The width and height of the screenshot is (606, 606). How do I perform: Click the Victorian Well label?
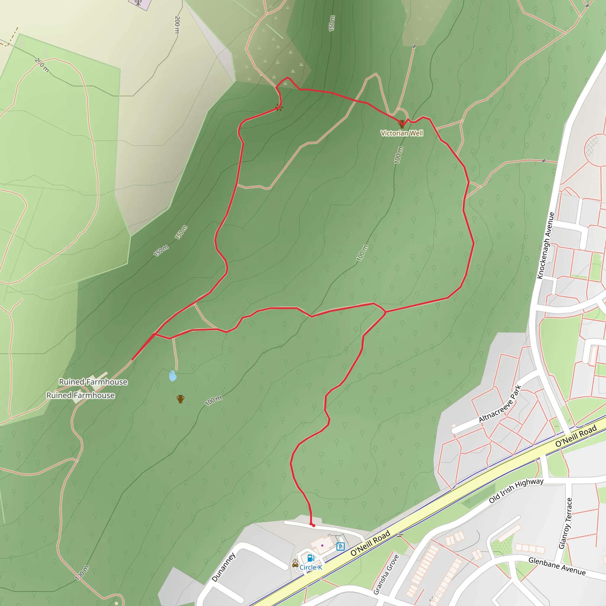402,133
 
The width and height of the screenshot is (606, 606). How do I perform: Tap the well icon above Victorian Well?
402,124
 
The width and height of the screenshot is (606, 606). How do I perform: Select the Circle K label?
310,568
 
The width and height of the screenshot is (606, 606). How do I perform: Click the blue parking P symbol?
340,547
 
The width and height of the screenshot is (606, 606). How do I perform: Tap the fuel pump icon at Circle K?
310,558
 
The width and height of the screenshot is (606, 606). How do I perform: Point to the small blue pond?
173,376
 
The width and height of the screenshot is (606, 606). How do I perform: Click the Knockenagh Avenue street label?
546,246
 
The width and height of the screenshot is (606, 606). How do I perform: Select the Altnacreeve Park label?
500,404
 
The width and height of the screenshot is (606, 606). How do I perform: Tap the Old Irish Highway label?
516,490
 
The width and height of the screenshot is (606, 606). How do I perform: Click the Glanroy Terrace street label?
565,523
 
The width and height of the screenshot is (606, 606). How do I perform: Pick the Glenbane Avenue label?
557,566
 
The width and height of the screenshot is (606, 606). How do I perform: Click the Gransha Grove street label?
386,574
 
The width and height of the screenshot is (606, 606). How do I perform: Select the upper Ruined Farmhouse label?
93,382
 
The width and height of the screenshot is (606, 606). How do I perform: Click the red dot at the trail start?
313,526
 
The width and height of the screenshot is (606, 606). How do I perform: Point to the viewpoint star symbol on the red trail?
278,108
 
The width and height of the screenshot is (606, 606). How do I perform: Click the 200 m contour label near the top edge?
177,25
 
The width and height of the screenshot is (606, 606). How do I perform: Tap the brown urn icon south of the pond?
180,399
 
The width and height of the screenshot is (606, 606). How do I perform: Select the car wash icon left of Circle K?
295,564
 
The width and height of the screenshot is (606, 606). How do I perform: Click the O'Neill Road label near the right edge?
576,436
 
